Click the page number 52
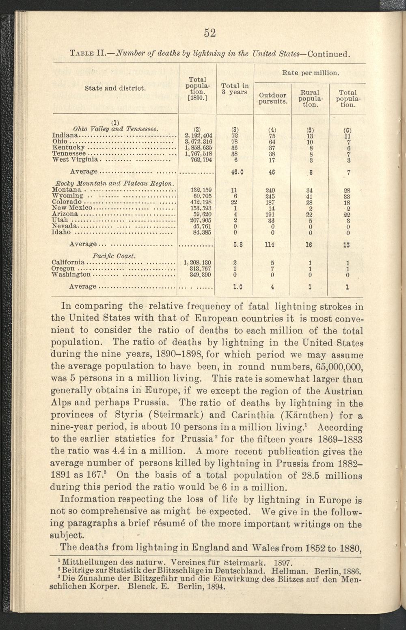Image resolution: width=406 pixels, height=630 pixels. [x=209, y=33]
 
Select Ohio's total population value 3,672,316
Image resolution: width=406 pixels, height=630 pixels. [x=199, y=142]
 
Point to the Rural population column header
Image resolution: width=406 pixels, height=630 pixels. [x=309, y=98]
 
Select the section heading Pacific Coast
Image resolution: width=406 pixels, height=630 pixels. [x=113, y=256]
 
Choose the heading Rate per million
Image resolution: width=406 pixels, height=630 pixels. [x=310, y=74]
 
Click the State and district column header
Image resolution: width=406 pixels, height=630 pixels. [x=115, y=88]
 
